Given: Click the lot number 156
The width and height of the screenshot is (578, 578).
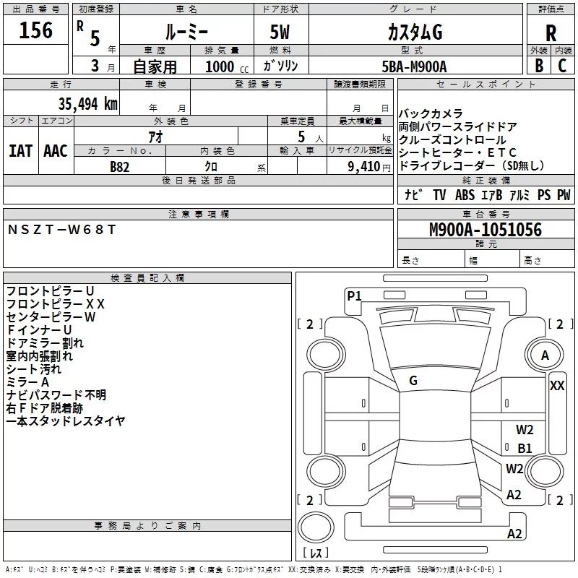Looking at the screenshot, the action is [x=36, y=31].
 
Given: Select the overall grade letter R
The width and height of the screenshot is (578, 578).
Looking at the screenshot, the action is [x=551, y=33].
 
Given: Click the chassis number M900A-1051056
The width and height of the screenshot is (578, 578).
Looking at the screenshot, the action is [x=485, y=230].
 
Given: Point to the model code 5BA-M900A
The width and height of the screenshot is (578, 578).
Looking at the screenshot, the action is [x=414, y=66].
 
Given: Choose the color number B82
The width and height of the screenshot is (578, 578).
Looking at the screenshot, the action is [x=121, y=166].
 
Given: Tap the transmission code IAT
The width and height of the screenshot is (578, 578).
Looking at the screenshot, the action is [x=20, y=151].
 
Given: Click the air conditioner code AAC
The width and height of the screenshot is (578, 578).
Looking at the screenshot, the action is [x=56, y=151].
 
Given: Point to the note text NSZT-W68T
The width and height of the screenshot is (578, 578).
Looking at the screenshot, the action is [x=61, y=230].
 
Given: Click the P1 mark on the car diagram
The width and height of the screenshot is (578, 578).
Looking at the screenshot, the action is [x=354, y=295].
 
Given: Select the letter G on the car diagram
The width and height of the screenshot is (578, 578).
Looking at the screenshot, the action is [x=413, y=381].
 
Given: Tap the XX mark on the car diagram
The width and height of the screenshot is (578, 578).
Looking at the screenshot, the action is [x=557, y=386].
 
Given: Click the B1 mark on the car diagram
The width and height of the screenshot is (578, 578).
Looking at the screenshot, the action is [x=525, y=448].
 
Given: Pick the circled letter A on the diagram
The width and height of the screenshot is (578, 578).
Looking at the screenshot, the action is [x=545, y=355].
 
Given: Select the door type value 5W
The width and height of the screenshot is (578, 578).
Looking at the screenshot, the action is [x=281, y=33].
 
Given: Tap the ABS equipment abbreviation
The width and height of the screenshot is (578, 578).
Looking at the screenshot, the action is [x=465, y=195].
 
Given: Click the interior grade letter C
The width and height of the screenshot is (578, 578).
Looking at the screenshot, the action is [x=562, y=66].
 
